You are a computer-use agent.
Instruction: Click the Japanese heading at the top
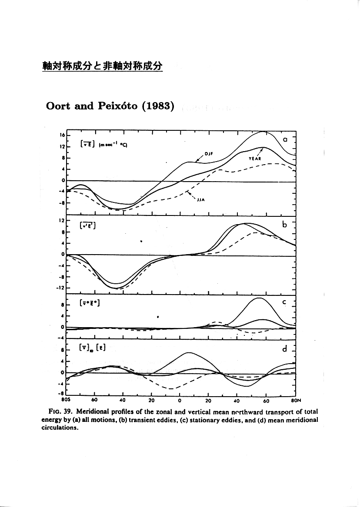click(x=102, y=66)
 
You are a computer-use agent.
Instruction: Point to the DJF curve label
click(x=208, y=153)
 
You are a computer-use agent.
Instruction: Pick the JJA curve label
click(x=200, y=200)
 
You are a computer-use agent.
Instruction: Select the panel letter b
click(x=285, y=224)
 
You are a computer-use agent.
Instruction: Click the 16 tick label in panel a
click(x=62, y=135)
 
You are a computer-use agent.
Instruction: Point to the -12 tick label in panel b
click(x=61, y=288)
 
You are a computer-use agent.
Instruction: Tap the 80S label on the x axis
click(x=67, y=400)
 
